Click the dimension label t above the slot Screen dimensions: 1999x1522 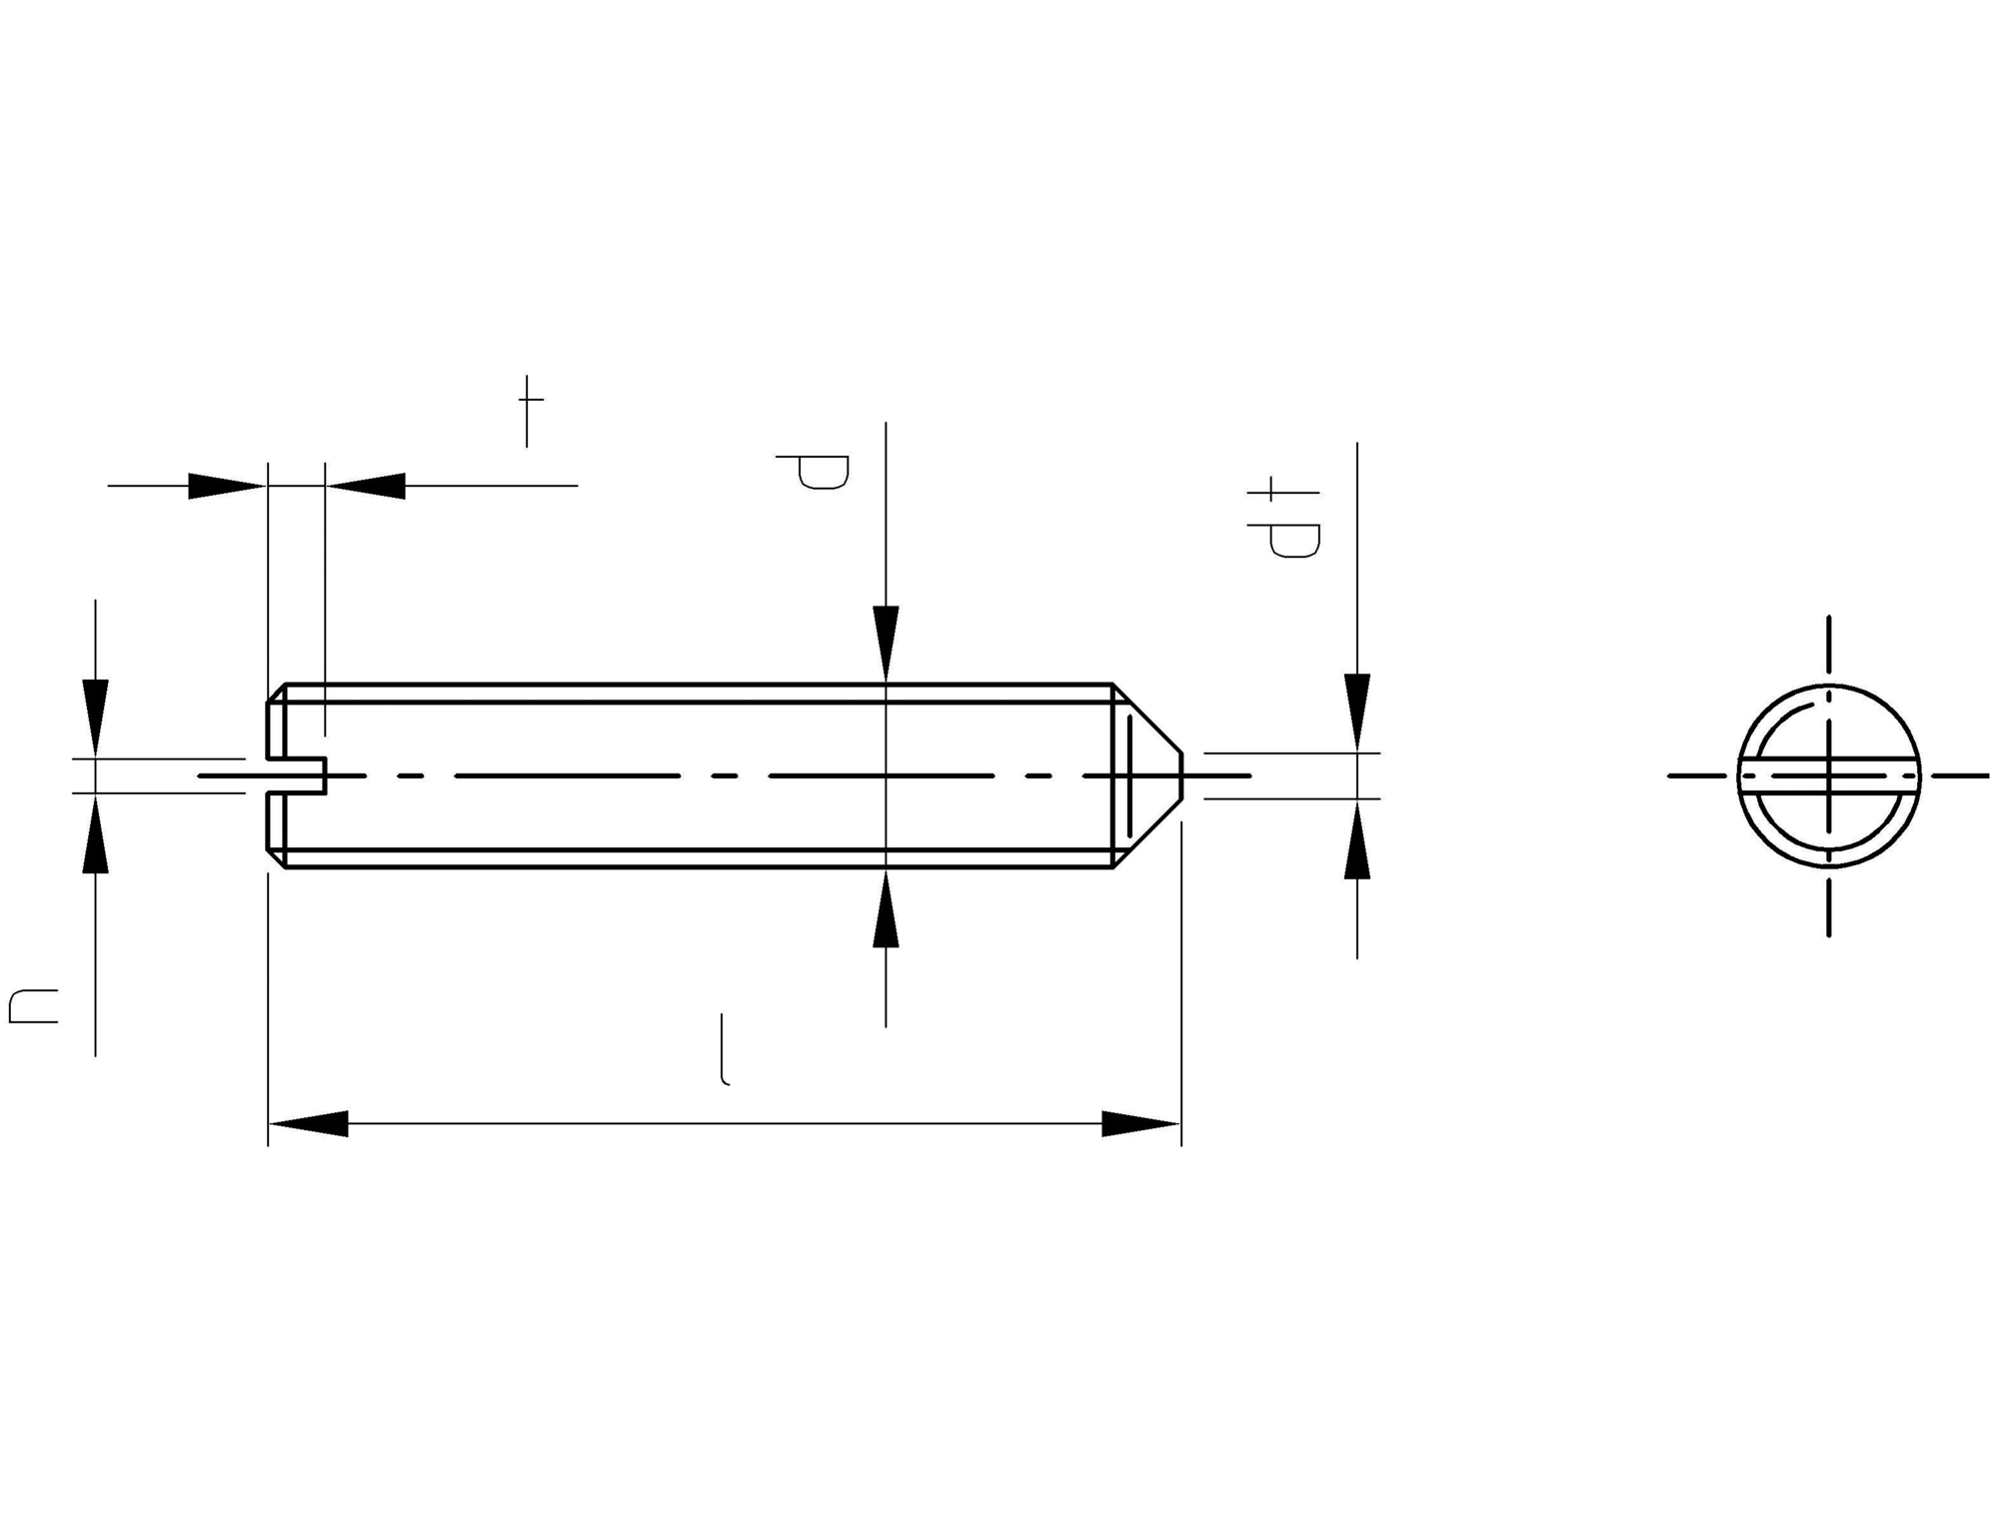pos(530,412)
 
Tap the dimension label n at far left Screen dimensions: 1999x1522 pos(33,1006)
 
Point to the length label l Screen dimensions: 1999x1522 pos(725,1049)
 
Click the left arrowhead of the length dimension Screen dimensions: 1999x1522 pos(309,1123)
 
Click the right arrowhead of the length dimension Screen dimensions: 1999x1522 pos(1140,1123)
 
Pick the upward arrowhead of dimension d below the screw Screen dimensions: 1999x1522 pos(886,908)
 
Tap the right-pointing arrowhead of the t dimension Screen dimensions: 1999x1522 pos(228,486)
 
